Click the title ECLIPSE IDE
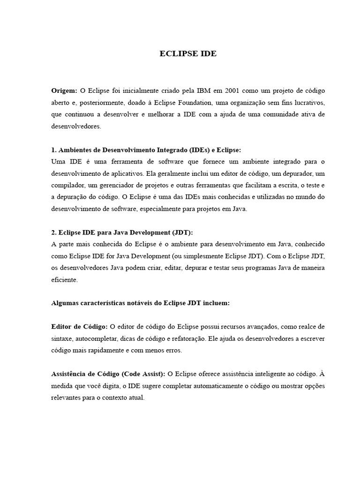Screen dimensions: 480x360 188,53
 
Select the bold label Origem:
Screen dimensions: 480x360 64,90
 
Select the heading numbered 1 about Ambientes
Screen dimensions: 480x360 145,150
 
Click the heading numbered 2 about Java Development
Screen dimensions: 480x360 122,233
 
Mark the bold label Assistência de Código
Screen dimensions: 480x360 108,374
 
